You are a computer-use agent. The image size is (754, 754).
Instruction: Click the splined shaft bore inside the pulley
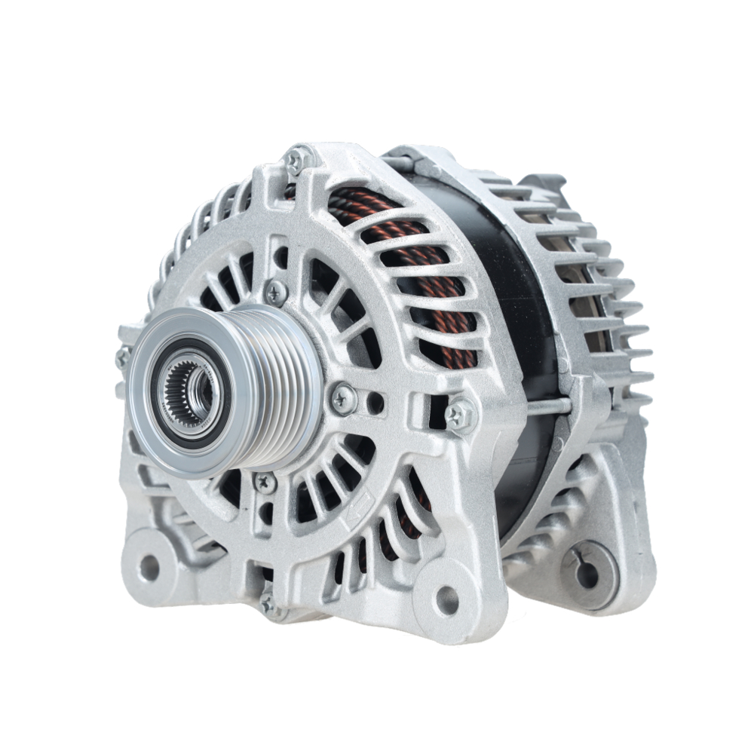186,389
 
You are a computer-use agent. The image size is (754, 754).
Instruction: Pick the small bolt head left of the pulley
122,357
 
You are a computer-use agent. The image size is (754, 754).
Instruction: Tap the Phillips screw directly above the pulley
276,290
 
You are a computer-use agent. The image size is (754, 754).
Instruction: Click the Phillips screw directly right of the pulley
343,397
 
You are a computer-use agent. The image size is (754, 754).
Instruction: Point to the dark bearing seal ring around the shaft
163,392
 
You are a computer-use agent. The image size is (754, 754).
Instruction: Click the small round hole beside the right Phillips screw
375,404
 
